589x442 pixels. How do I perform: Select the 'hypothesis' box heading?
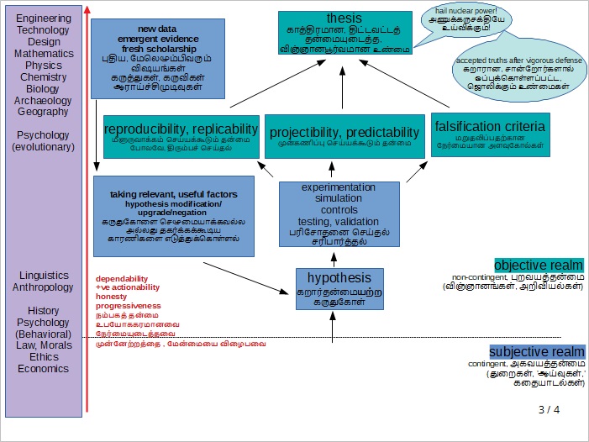pos(339,278)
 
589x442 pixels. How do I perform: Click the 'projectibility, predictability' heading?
pos(343,132)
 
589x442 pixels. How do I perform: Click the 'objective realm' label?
pos(539,264)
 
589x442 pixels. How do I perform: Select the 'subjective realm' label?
pos(537,351)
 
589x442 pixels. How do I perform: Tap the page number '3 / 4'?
pos(549,410)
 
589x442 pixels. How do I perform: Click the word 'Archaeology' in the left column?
pos(44,100)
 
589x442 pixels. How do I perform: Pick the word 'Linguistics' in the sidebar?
pos(44,275)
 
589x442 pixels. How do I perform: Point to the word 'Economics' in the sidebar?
pos(44,368)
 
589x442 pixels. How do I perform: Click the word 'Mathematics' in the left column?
pos(44,53)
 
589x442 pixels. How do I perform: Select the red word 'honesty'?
pos(112,297)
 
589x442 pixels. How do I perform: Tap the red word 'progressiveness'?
pos(128,306)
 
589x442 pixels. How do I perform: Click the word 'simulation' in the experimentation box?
pos(339,198)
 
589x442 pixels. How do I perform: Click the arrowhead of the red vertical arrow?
pos(87,10)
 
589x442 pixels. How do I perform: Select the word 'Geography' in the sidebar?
pos(44,112)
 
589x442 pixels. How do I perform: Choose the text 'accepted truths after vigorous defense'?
pos(507,61)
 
